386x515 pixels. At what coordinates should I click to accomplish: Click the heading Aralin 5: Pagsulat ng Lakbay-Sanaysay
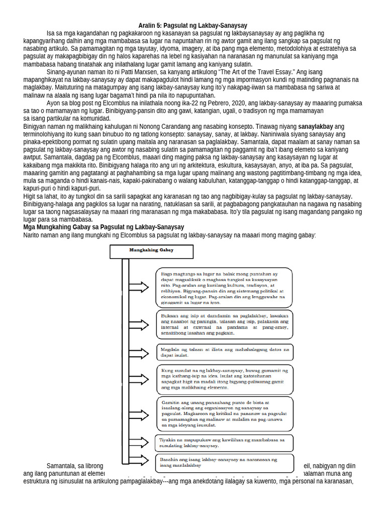[193, 25]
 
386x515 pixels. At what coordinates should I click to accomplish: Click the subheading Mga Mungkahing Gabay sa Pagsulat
[104, 227]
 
